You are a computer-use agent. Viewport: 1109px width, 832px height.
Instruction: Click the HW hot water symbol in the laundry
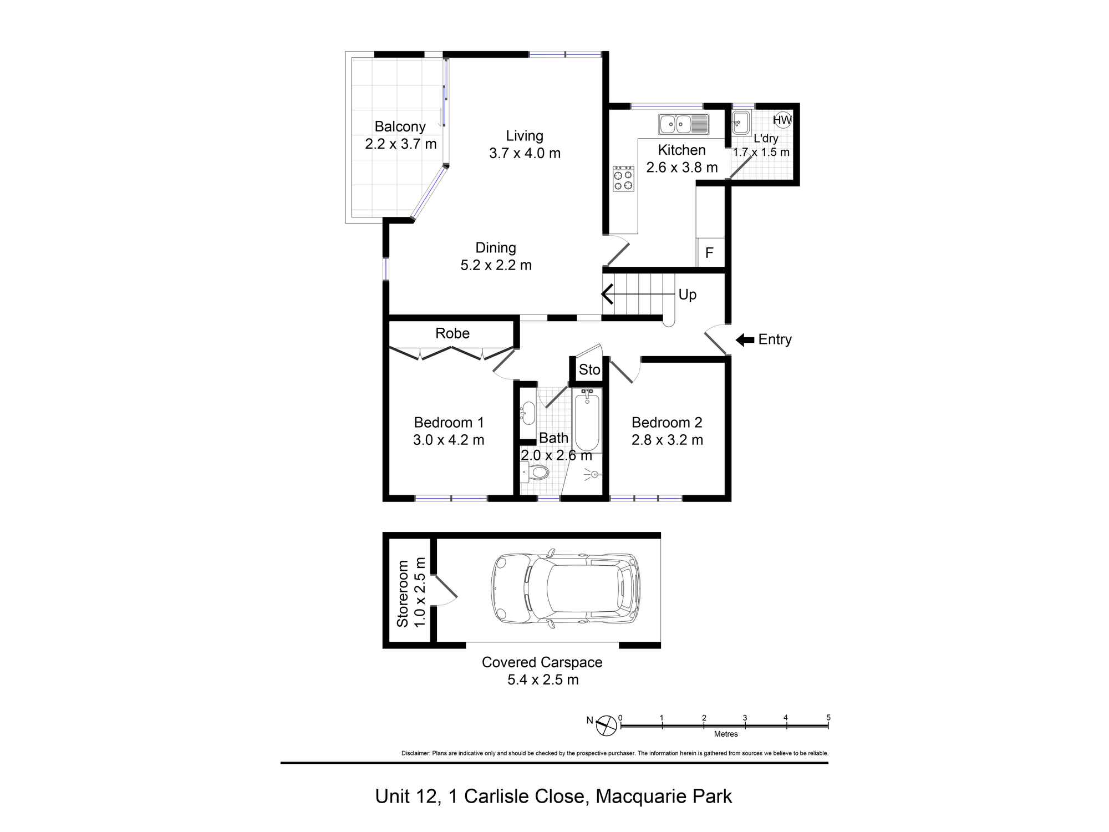click(782, 120)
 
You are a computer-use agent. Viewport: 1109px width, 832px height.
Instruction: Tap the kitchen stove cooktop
click(623, 179)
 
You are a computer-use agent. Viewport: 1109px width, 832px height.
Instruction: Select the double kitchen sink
click(683, 124)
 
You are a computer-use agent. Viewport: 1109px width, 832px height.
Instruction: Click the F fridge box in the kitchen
click(710, 253)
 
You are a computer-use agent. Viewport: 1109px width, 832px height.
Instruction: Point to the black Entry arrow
click(745, 339)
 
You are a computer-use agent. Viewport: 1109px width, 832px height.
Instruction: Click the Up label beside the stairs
click(688, 295)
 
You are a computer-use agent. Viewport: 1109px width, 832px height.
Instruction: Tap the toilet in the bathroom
click(536, 473)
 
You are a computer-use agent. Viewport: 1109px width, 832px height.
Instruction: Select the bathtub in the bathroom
click(587, 420)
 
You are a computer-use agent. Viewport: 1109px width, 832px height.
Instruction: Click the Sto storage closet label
click(589, 369)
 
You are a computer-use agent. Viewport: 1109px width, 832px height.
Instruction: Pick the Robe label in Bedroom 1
click(452, 333)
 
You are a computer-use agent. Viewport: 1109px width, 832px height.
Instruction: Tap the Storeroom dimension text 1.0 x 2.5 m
click(420, 592)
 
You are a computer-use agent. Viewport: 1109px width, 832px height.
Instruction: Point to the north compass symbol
click(606, 726)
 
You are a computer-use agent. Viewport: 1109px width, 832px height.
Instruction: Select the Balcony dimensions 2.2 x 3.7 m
click(401, 144)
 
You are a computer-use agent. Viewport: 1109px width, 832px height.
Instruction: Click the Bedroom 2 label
click(667, 423)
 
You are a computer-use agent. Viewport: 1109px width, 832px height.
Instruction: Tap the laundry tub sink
click(741, 123)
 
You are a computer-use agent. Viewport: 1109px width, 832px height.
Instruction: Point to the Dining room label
click(496, 248)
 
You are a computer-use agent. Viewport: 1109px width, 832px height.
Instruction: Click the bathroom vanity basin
click(528, 412)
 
